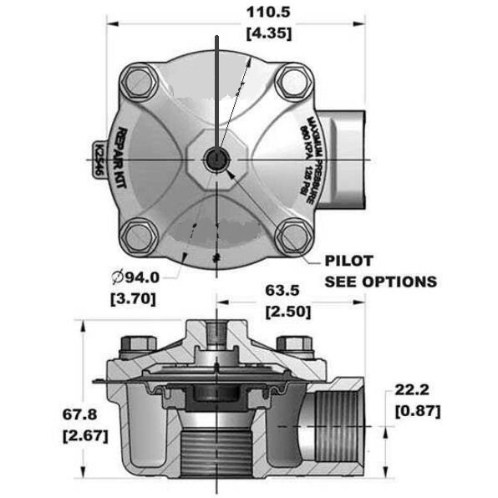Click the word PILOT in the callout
coord(348,262)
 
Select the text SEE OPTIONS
coord(380,282)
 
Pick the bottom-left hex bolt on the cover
coord(139,236)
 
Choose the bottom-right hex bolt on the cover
coord(293,236)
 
